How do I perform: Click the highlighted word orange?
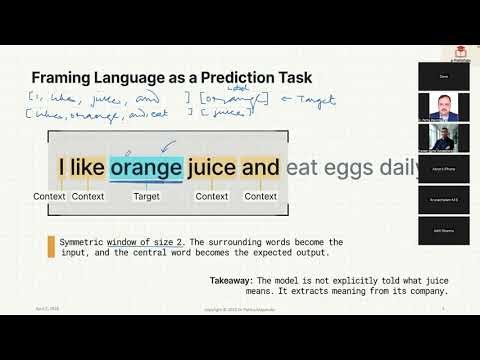[x=146, y=167]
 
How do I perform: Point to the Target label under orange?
[x=146, y=197]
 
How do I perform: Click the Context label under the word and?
[x=261, y=197]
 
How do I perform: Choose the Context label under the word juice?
[x=212, y=197]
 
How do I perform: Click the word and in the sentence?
[x=260, y=167]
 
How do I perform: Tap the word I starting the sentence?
[x=63, y=167]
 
